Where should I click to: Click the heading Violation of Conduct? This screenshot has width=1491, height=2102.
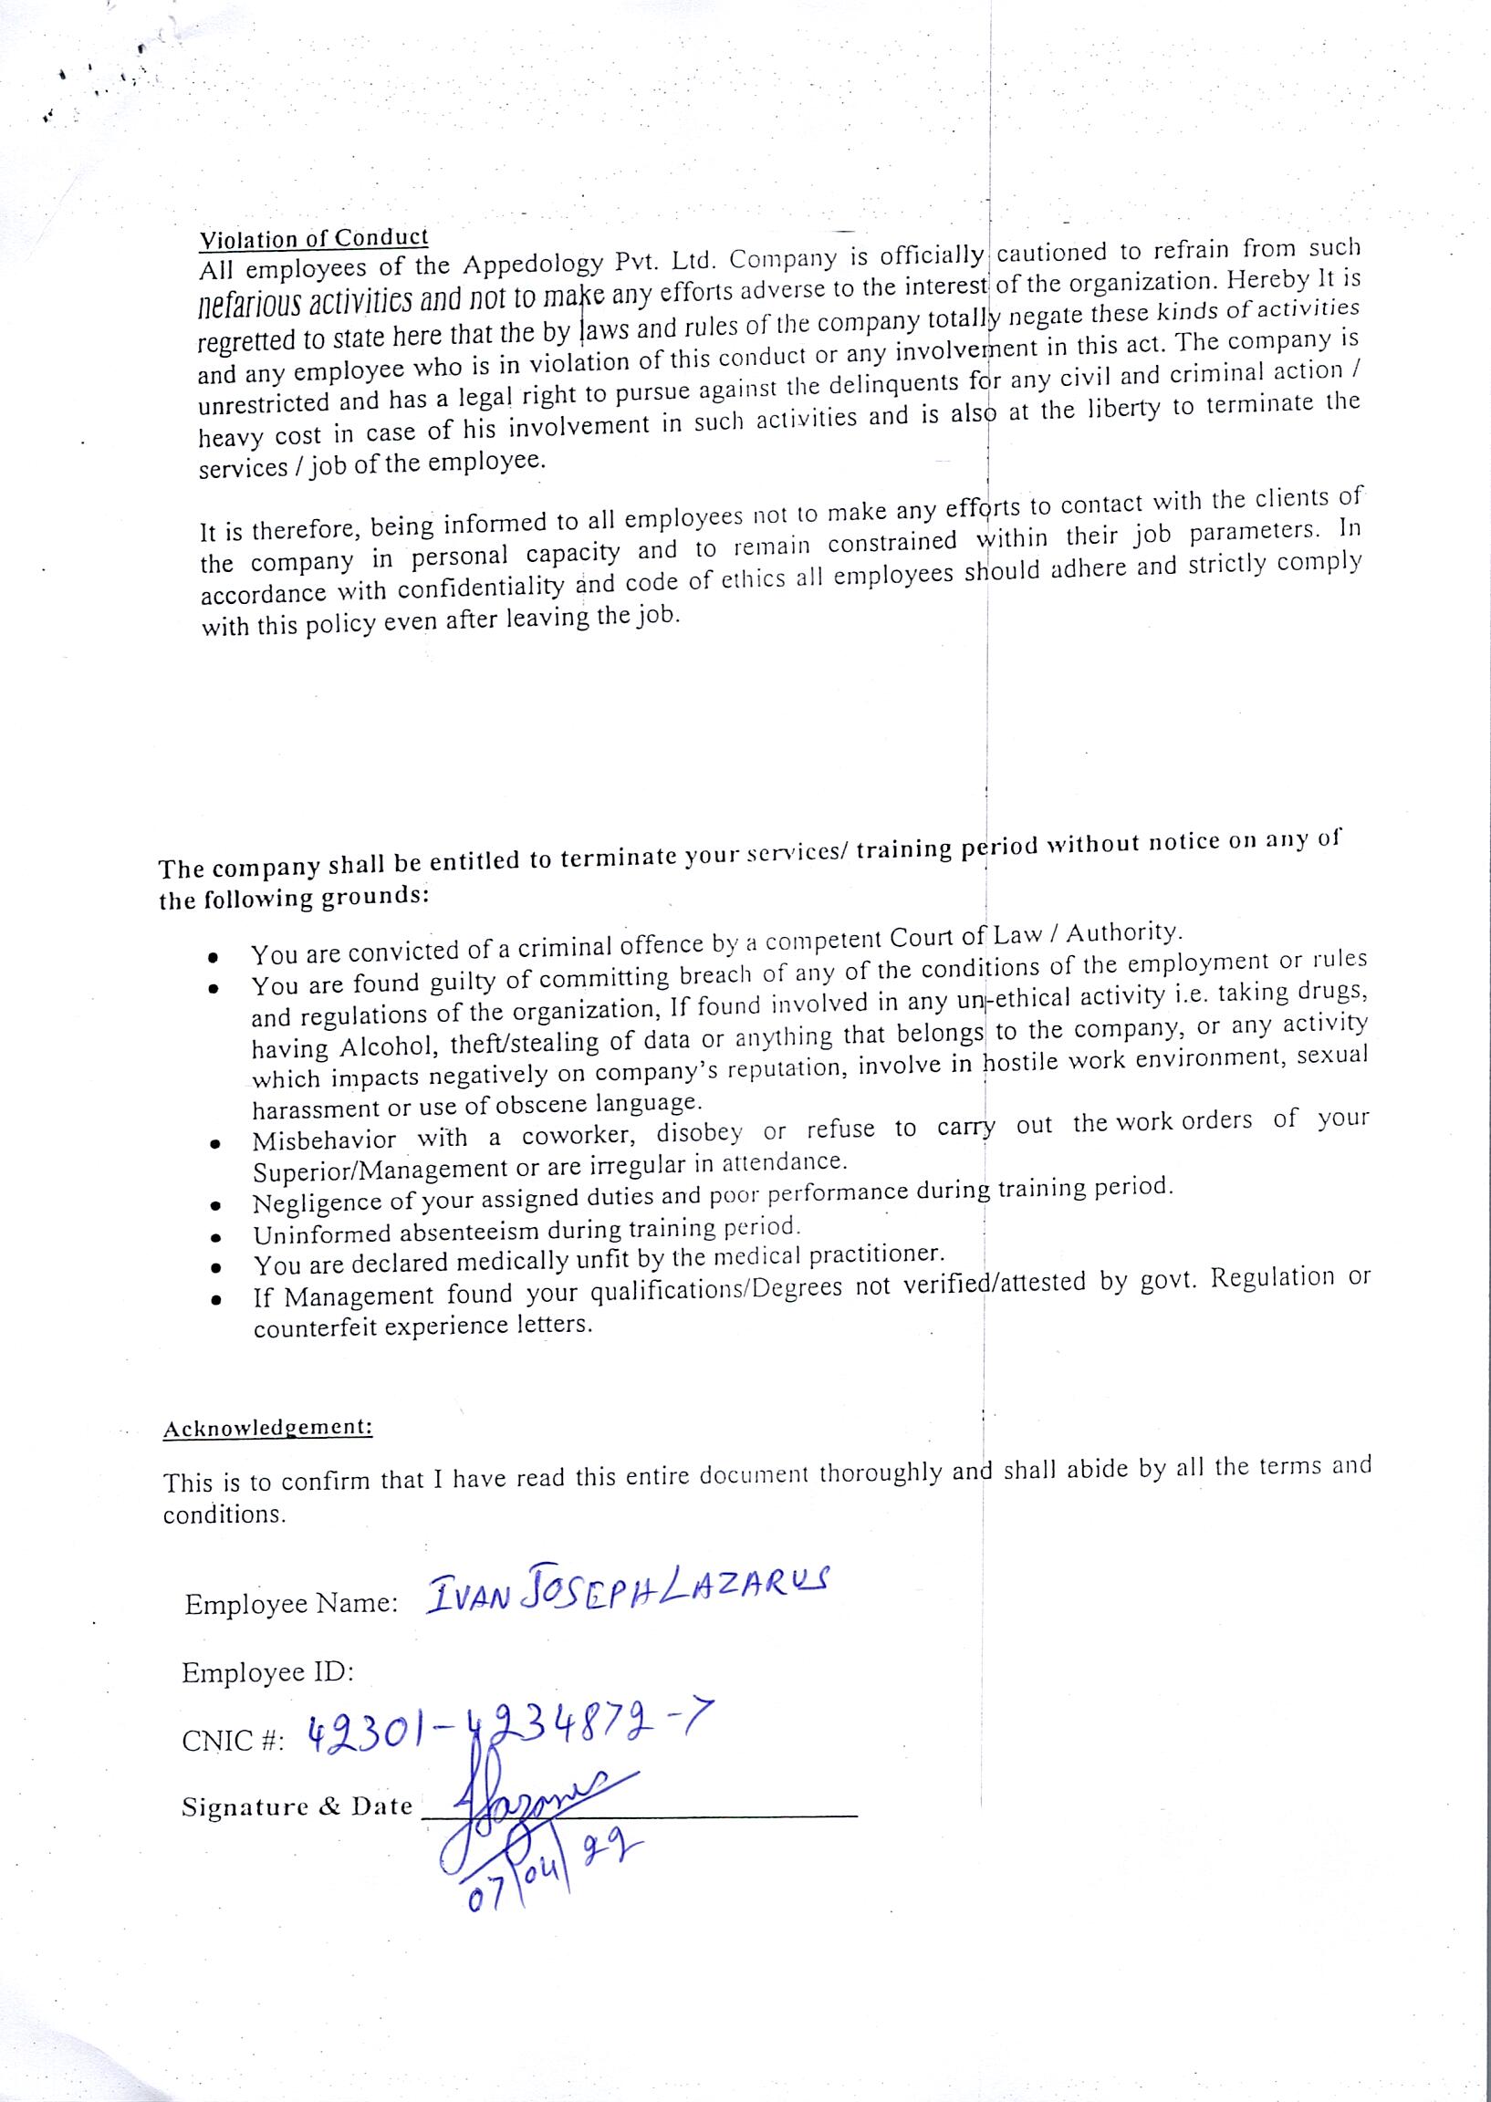314,239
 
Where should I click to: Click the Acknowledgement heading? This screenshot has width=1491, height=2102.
267,1429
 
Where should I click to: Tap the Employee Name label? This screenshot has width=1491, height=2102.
291,1604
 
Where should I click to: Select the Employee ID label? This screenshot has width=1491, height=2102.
267,1672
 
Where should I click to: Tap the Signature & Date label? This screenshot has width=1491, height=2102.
297,1806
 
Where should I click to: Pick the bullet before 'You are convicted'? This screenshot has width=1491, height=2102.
212,957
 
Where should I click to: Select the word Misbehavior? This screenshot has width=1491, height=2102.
324,1140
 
